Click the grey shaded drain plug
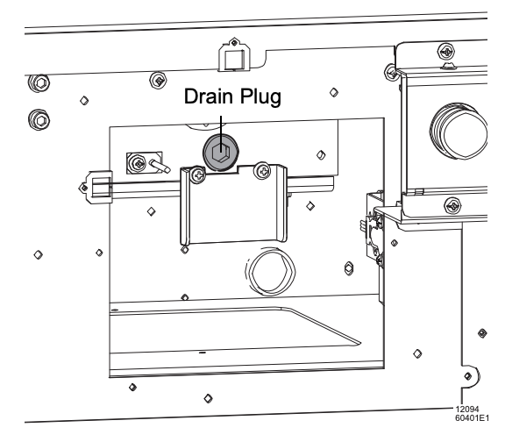click(x=221, y=153)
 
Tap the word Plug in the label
click(x=260, y=97)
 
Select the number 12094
click(x=467, y=410)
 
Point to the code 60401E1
click(x=472, y=418)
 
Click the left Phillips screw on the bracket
click(x=198, y=175)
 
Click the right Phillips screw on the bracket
click(x=263, y=171)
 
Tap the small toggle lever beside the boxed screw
click(x=160, y=166)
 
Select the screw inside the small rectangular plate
click(x=138, y=163)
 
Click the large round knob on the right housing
click(x=459, y=132)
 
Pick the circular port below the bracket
click(x=271, y=272)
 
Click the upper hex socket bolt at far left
click(x=39, y=83)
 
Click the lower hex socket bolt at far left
click(x=39, y=120)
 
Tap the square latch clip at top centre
click(x=234, y=55)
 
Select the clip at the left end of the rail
click(x=96, y=187)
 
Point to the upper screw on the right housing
click(x=446, y=52)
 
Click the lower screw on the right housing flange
click(x=452, y=205)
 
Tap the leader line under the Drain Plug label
click(x=221, y=134)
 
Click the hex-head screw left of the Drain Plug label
click(x=158, y=80)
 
